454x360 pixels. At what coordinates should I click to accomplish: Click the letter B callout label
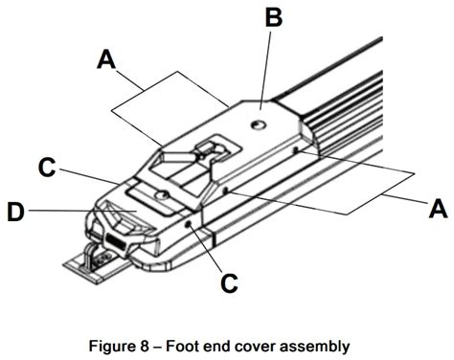[272, 18]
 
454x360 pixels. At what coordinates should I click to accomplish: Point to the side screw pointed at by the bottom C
[190, 224]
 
